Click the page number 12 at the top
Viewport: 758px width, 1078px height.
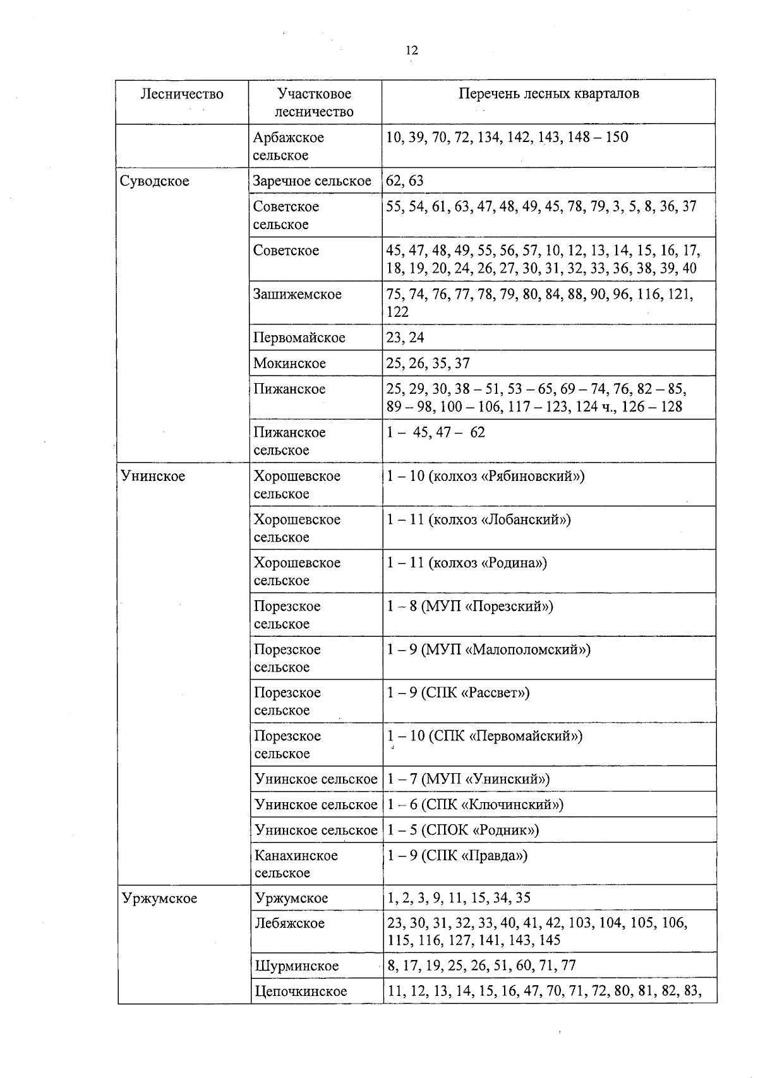click(x=411, y=50)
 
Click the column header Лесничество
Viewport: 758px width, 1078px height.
click(x=182, y=94)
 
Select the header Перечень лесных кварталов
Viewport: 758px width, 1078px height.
click(x=548, y=93)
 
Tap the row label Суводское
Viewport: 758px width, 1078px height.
click(x=155, y=181)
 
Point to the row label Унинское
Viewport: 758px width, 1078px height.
click(x=153, y=476)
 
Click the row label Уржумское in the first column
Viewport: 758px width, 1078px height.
click(x=159, y=898)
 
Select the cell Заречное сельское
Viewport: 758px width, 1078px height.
click(x=312, y=181)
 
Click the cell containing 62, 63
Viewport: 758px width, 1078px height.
click(x=405, y=181)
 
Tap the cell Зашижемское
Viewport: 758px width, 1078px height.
click(x=297, y=294)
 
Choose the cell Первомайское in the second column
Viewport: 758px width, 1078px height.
click(x=299, y=338)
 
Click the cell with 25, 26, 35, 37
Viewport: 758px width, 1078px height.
click(x=428, y=364)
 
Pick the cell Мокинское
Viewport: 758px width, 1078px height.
click(x=290, y=364)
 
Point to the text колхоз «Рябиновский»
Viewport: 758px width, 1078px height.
click(x=506, y=476)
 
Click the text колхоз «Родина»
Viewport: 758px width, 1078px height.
click(x=487, y=562)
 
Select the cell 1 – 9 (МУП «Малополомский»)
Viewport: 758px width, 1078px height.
click(x=488, y=649)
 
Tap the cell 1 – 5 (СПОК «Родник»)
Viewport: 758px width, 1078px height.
click(x=463, y=830)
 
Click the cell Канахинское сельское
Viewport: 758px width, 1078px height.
click(x=296, y=864)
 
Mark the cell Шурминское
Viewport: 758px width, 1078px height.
click(x=296, y=966)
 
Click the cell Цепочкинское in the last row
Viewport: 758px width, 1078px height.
click(x=301, y=992)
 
